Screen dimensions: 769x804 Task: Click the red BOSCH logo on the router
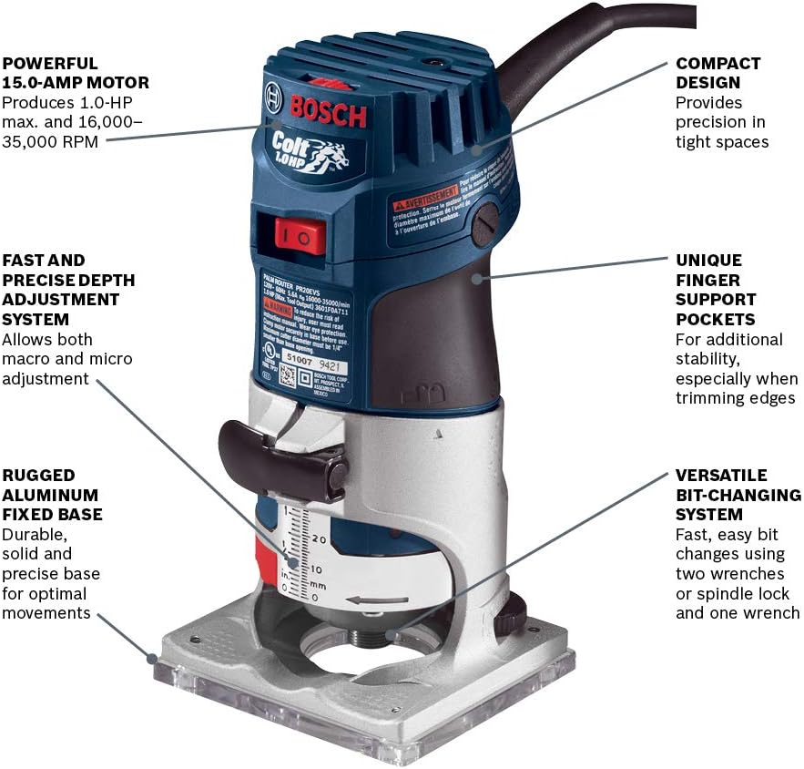coord(328,110)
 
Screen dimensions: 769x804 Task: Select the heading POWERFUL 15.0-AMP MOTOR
coord(76,73)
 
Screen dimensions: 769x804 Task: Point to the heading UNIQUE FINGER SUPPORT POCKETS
coord(716,290)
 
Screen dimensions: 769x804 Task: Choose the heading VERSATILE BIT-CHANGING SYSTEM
coord(738,495)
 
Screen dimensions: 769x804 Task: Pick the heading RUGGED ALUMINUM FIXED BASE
coord(52,495)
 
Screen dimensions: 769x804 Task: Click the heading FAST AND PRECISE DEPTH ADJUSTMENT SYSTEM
coord(60,289)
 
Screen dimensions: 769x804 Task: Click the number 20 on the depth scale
coord(318,538)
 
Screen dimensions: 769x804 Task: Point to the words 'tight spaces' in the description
coord(722,141)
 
